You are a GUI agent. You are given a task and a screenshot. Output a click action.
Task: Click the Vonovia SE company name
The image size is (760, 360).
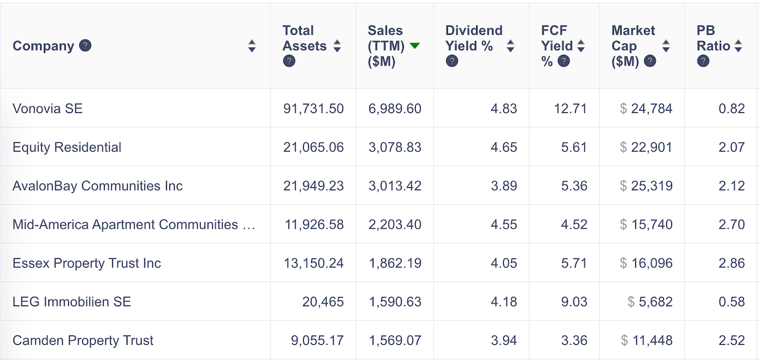(48, 109)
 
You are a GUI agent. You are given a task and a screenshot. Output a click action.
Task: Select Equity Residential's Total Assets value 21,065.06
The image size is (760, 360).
(313, 147)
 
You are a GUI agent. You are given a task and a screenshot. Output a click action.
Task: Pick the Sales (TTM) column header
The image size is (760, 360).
(386, 46)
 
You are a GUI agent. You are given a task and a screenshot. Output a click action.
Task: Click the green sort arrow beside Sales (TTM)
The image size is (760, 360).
(415, 46)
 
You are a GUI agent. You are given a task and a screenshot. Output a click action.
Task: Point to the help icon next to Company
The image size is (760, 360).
(85, 46)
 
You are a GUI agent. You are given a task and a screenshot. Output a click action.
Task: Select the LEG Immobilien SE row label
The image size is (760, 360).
(72, 302)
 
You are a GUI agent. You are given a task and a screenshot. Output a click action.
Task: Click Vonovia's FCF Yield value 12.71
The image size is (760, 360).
(571, 109)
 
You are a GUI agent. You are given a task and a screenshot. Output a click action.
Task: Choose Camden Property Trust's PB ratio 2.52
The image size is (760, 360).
(731, 340)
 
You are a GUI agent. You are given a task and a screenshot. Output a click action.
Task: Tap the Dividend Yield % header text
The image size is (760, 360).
(473, 38)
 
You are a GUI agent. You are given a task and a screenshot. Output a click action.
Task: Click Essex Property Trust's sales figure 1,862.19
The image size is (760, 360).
(395, 263)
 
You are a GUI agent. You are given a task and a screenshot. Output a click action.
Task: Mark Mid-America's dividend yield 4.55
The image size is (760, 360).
(504, 225)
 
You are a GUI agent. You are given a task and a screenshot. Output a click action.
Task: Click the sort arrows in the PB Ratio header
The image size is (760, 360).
(738, 46)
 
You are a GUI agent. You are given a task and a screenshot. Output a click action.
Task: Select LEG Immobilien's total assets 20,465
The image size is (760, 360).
(323, 302)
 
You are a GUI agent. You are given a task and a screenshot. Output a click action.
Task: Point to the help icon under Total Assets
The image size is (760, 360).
(289, 61)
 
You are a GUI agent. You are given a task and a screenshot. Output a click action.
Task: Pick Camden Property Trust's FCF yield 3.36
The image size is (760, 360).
(574, 340)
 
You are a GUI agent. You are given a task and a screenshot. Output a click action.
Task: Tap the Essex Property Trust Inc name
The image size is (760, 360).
(87, 263)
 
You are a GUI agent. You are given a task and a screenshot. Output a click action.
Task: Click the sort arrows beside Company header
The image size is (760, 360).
(251, 46)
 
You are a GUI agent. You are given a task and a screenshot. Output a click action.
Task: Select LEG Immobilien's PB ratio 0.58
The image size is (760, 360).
(731, 302)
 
